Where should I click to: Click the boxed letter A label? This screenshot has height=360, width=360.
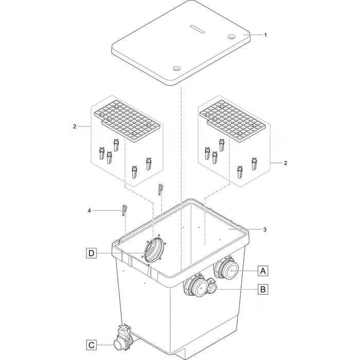tap(263, 270)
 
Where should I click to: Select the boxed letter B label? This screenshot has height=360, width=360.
tap(263, 290)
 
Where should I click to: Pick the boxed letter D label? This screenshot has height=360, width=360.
tap(91, 253)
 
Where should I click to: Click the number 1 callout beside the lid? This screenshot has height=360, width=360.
tap(265, 35)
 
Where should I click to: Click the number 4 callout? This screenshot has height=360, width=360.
tap(89, 210)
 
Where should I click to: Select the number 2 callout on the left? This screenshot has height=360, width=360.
tap(75, 126)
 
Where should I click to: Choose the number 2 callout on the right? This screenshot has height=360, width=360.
tap(285, 163)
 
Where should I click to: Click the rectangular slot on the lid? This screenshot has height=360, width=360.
tap(198, 26)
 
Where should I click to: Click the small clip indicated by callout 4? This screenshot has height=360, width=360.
tap(124, 209)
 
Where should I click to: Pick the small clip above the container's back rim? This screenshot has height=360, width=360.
tap(160, 189)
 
